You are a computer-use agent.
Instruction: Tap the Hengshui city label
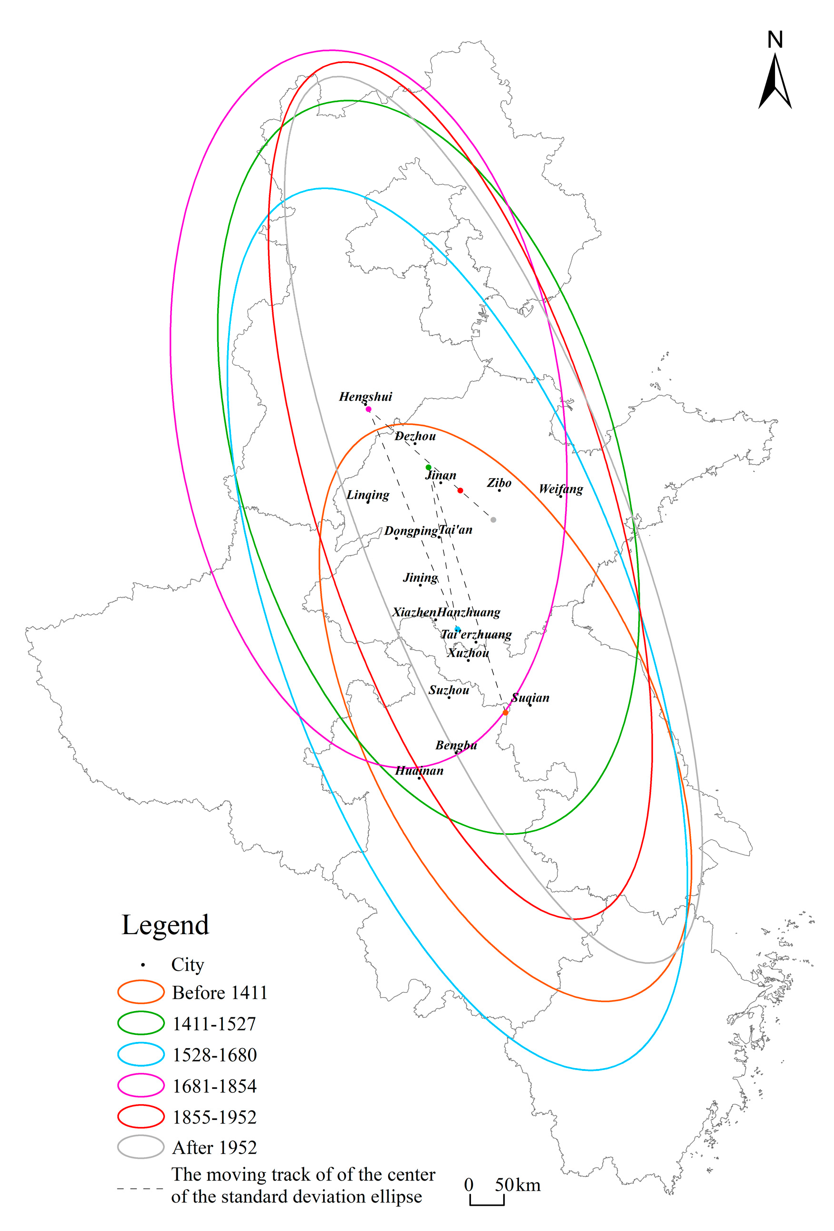pos(365,397)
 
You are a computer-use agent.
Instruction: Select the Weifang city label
pos(561,489)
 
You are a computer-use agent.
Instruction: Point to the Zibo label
pos(499,483)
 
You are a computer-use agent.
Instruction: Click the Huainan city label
pos(419,771)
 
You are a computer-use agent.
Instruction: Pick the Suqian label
pos(530,698)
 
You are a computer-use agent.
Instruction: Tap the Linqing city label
pos(368,495)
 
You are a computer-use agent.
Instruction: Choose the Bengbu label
pos(456,745)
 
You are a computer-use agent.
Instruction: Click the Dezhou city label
pos(415,436)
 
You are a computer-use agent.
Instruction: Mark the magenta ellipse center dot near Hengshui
pos(368,409)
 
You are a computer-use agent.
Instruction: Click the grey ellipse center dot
pos(493,520)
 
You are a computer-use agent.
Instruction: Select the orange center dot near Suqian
pos(506,713)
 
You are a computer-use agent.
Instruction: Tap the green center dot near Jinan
pos(429,468)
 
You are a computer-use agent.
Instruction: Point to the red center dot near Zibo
pos(460,491)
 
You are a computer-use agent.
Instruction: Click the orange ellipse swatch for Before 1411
pos(140,992)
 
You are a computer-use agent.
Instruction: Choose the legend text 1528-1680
pos(215,1055)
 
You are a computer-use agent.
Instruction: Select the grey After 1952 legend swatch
pos(140,1147)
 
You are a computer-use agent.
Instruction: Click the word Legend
pos(165,925)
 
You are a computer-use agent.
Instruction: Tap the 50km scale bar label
pos(518,1185)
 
